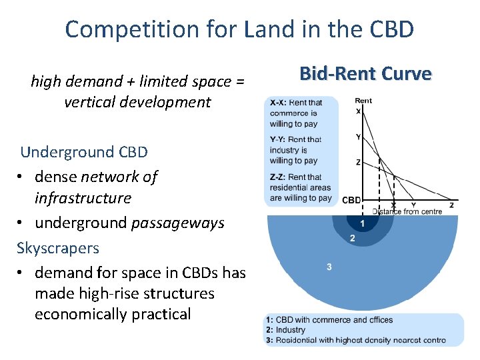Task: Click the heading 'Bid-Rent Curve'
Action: (365, 73)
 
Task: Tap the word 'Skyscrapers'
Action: (58, 248)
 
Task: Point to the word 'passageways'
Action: (186, 223)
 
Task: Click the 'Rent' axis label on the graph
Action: (363, 101)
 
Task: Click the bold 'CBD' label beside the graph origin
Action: (351, 200)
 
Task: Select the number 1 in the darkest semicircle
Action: (362, 223)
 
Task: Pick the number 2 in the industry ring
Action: (352, 238)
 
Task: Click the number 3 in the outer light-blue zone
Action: (329, 267)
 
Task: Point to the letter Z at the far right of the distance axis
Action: (451, 205)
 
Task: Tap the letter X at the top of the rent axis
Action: (358, 111)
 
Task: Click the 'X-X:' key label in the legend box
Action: (279, 103)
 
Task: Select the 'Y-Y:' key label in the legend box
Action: (279, 139)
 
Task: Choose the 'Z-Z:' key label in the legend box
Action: (279, 177)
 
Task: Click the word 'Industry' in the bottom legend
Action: (290, 330)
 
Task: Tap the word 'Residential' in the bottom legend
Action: (297, 340)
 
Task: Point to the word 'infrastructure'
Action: (83, 198)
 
